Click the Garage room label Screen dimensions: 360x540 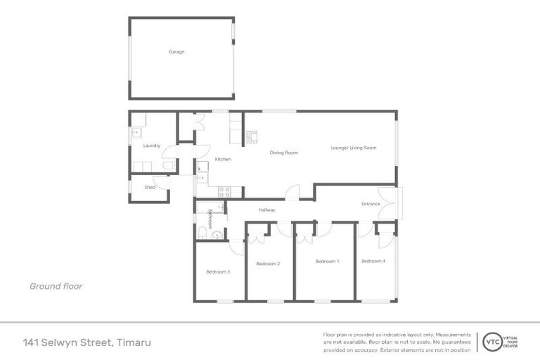[x=176, y=52]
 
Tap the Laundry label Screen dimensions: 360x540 [x=152, y=146]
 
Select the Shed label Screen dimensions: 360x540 [x=150, y=188]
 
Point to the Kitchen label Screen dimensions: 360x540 [x=223, y=160]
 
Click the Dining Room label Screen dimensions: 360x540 [x=285, y=153]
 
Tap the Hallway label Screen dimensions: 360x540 [x=266, y=210]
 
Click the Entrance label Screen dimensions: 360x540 [x=371, y=204]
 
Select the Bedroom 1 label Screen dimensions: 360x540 [x=327, y=261]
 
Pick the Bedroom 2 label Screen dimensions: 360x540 [x=268, y=264]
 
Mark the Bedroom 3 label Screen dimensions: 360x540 [x=218, y=271]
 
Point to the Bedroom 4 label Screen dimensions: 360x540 [x=373, y=261]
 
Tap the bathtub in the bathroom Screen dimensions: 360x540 [x=210, y=207]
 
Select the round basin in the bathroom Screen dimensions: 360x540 [x=217, y=236]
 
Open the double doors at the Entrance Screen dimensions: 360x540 [x=389, y=204]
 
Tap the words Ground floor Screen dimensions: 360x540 [x=56, y=286]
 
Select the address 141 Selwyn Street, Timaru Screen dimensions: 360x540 [x=86, y=342]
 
